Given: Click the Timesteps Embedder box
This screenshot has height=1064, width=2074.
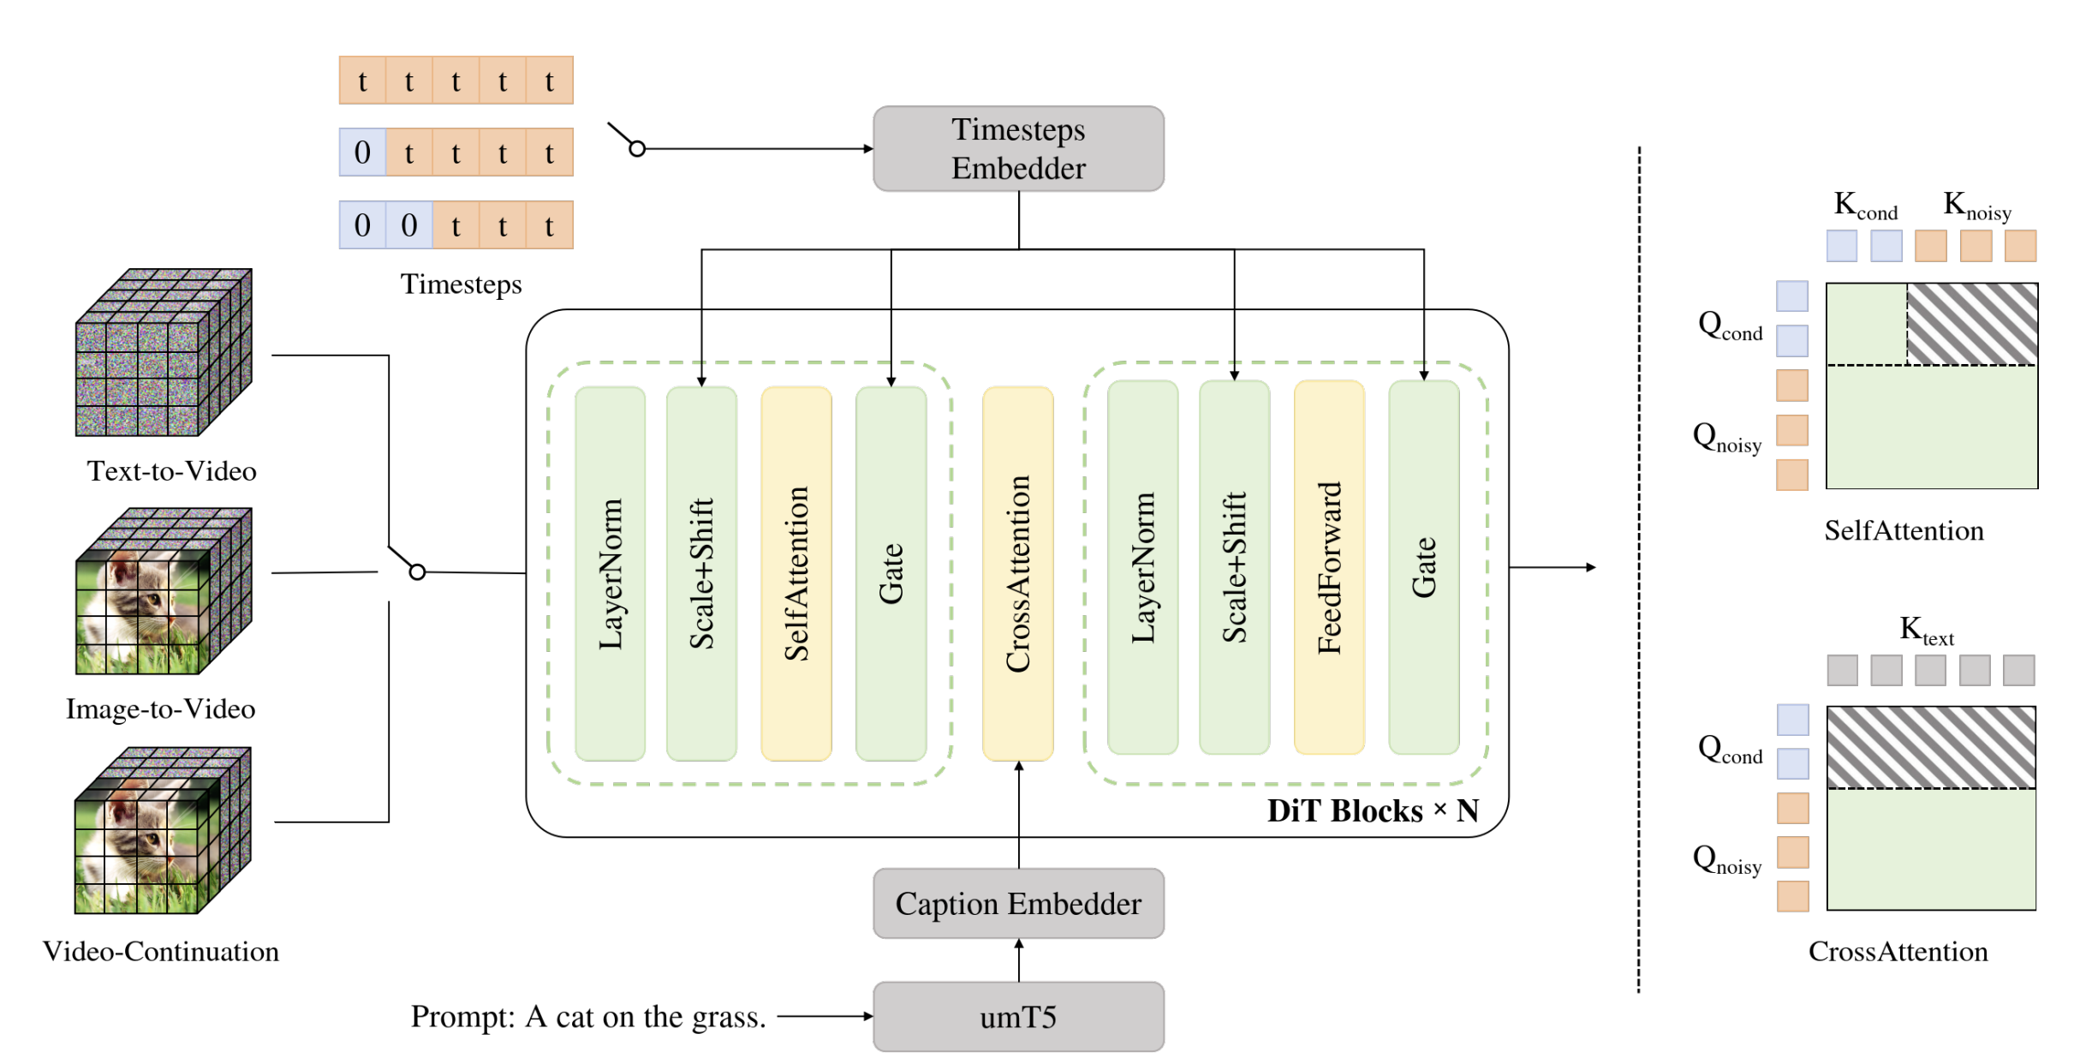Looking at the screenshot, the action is [1018, 148].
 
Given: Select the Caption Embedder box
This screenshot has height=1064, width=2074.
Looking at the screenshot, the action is [1018, 904].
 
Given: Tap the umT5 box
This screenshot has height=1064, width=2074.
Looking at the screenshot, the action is [1018, 1017].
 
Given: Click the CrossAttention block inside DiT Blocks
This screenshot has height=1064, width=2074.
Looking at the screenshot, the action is [1018, 573].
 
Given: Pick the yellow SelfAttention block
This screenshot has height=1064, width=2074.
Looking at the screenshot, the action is [796, 573].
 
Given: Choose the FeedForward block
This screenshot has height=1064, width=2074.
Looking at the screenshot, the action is [1329, 567].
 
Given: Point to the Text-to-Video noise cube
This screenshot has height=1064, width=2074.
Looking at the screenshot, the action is [164, 352].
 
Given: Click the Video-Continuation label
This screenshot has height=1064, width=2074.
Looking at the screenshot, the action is [161, 952].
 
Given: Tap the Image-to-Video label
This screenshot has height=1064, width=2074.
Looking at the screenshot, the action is [161, 709].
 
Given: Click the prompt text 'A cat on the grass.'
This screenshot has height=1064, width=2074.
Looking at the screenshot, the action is [646, 1017].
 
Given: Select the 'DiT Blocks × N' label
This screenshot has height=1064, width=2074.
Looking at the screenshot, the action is [1373, 810].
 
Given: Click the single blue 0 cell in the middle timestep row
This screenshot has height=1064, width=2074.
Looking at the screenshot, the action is [362, 152].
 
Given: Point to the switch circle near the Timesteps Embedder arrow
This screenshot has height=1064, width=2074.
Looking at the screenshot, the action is [637, 149].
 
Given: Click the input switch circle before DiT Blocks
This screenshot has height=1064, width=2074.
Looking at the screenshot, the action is [417, 571].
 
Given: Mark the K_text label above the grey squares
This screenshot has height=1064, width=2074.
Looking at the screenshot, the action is [1927, 631].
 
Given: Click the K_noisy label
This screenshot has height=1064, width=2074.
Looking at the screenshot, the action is [1977, 206].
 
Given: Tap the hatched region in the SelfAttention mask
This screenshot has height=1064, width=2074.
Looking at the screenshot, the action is [1972, 324].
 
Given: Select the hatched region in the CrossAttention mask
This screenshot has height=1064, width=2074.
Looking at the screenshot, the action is [1932, 747].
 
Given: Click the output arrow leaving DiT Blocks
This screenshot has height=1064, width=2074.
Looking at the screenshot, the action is [1553, 567].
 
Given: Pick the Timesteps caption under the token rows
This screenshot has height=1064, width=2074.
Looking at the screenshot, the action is [461, 284].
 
